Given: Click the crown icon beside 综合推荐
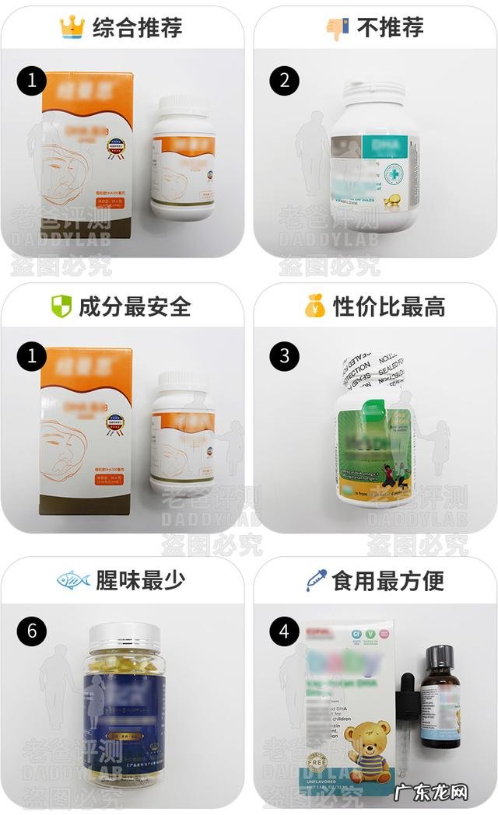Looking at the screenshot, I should click(x=72, y=28).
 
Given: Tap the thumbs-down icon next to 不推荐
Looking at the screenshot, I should click(x=336, y=29).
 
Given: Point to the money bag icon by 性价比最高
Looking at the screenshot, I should click(x=314, y=306).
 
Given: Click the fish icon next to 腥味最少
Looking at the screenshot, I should click(x=72, y=580).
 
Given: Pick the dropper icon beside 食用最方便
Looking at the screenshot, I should click(x=316, y=579).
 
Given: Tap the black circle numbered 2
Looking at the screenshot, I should click(x=284, y=80).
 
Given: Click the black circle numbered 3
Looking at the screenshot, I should click(x=284, y=355).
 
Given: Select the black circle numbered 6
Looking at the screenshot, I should click(x=31, y=630).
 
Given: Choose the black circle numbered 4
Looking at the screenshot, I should click(x=284, y=631).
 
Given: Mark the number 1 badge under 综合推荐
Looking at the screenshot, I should click(x=31, y=80).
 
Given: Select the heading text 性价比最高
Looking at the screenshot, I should click(x=389, y=306).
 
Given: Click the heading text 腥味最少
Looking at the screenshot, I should click(x=141, y=580).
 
